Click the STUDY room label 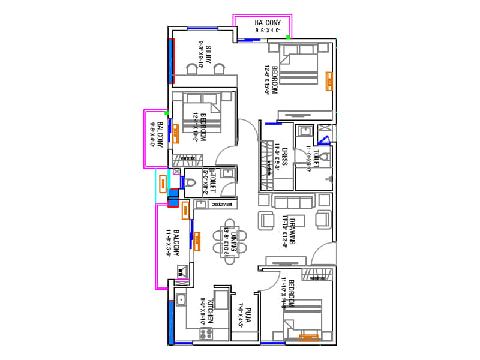pos(208,55)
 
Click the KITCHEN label pos(211,313)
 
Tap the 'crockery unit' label pos(221,205)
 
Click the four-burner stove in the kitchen pos(207,333)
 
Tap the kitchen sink pos(181,298)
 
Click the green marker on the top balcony pos(288,37)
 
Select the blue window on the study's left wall pos(171,60)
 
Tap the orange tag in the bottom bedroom pos(308,338)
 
